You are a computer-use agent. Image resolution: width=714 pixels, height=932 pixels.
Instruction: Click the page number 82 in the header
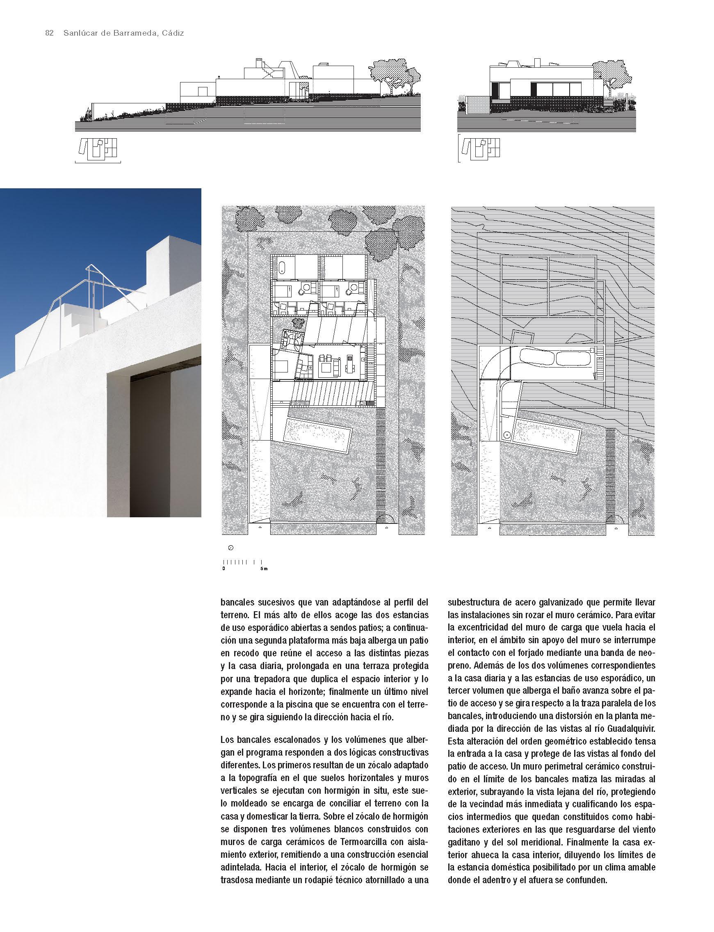coord(49,34)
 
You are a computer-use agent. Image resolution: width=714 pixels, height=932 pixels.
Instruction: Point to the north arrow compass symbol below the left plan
coord(231,548)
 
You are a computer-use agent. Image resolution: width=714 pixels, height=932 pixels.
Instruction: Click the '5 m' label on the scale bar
coord(264,568)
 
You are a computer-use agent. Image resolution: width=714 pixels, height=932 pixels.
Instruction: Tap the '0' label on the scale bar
coord(224,568)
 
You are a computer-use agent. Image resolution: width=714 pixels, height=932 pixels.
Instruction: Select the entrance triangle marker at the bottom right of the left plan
coord(386,528)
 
